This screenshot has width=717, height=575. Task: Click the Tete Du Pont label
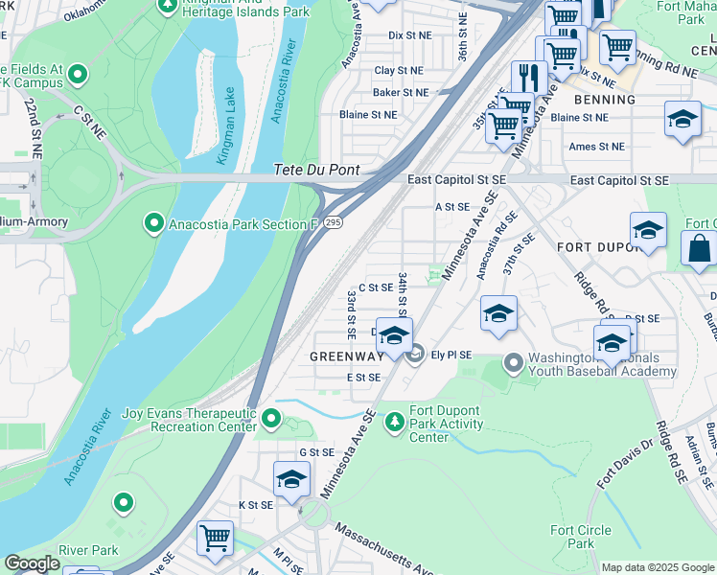tap(316, 170)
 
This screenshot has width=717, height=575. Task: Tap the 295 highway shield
tap(332, 221)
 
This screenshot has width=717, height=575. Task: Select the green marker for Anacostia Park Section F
tap(153, 224)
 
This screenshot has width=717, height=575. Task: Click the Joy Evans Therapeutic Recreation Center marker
tap(272, 418)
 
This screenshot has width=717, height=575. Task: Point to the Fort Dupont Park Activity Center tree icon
tap(394, 421)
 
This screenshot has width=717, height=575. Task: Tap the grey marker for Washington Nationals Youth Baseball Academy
tap(514, 362)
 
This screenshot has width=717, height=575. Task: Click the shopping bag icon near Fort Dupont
tap(699, 247)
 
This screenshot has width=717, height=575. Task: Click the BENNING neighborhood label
tap(605, 100)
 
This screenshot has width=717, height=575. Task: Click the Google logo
tap(32, 563)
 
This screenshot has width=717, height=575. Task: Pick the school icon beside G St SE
tap(292, 477)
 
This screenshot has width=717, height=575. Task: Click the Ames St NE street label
tap(596, 147)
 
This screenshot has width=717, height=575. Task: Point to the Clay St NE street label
tap(398, 71)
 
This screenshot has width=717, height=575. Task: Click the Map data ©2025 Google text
tap(658, 567)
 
